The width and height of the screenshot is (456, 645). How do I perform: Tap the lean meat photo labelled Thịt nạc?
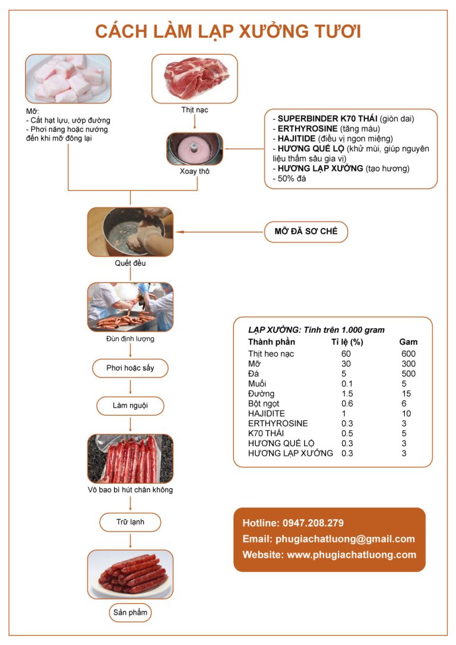click(194, 78)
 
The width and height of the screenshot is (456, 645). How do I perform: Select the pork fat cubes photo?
click(68, 79)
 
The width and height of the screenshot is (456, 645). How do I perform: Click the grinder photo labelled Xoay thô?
click(194, 148)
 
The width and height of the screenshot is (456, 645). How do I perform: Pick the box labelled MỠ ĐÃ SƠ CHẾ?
click(306, 231)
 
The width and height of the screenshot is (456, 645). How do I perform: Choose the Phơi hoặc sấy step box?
click(130, 368)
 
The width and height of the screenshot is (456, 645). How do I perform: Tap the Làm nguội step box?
click(130, 406)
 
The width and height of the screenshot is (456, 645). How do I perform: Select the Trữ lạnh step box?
click(130, 522)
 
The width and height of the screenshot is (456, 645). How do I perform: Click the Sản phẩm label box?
click(130, 612)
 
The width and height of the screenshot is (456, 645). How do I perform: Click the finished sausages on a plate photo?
click(130, 574)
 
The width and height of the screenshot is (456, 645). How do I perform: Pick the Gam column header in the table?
click(408, 342)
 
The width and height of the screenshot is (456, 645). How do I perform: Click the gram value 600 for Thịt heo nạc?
click(408, 354)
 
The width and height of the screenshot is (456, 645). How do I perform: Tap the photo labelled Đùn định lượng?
click(130, 306)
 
